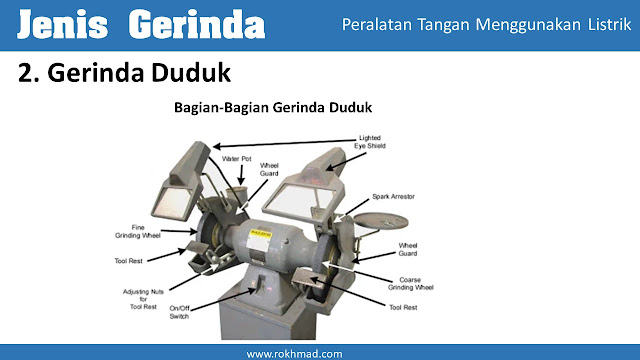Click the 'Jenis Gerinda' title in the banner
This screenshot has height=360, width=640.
click(141, 24)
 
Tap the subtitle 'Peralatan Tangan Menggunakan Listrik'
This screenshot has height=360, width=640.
click(486, 24)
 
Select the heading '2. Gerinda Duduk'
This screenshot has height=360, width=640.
click(124, 73)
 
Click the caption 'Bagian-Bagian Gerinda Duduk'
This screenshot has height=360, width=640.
click(273, 107)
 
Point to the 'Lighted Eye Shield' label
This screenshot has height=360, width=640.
click(370, 142)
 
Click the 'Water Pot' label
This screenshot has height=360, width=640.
click(237, 159)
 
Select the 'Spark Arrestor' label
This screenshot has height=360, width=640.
click(393, 196)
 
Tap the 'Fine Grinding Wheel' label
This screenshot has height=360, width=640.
click(138, 231)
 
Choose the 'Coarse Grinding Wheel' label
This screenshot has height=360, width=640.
click(410, 284)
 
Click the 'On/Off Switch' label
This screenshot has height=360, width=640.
click(179, 312)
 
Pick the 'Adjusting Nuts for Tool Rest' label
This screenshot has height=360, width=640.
click(143, 299)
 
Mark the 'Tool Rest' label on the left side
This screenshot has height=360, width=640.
click(129, 261)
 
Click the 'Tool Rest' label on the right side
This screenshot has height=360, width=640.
click(403, 307)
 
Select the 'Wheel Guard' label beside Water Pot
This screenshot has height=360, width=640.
click(269, 169)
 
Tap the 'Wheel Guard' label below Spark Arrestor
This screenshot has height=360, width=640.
click(408, 249)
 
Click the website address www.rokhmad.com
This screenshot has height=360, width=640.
click(294, 354)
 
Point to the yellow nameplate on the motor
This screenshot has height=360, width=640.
click(261, 233)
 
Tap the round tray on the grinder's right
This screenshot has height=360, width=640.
click(381, 221)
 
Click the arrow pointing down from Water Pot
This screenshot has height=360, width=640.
click(241, 175)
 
